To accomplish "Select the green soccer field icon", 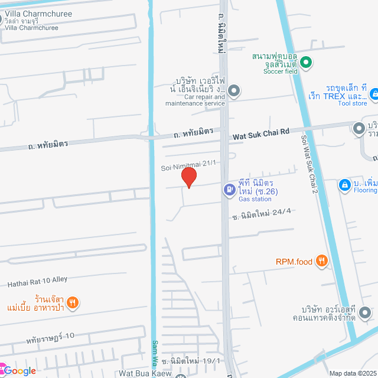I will point(305,61).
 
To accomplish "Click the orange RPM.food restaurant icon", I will point(322,260).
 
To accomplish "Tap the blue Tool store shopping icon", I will point(374,93).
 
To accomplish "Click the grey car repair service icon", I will point(234,91).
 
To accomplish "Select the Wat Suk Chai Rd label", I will point(260,134).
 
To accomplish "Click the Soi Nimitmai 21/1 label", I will point(188,168).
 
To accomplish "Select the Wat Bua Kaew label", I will point(145,373).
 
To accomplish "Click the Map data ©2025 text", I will point(353,373).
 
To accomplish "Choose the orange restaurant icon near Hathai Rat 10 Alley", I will point(72,303).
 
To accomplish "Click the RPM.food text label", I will point(294,260).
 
